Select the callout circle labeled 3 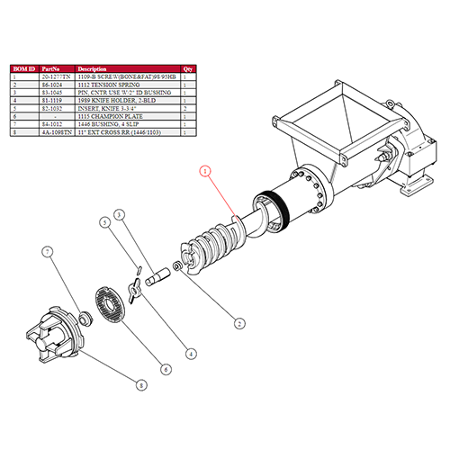tap(118, 214)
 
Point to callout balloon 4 tap(191, 353)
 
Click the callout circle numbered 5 tap(105, 221)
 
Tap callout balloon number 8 tap(140, 385)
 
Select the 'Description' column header tap(94, 68)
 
